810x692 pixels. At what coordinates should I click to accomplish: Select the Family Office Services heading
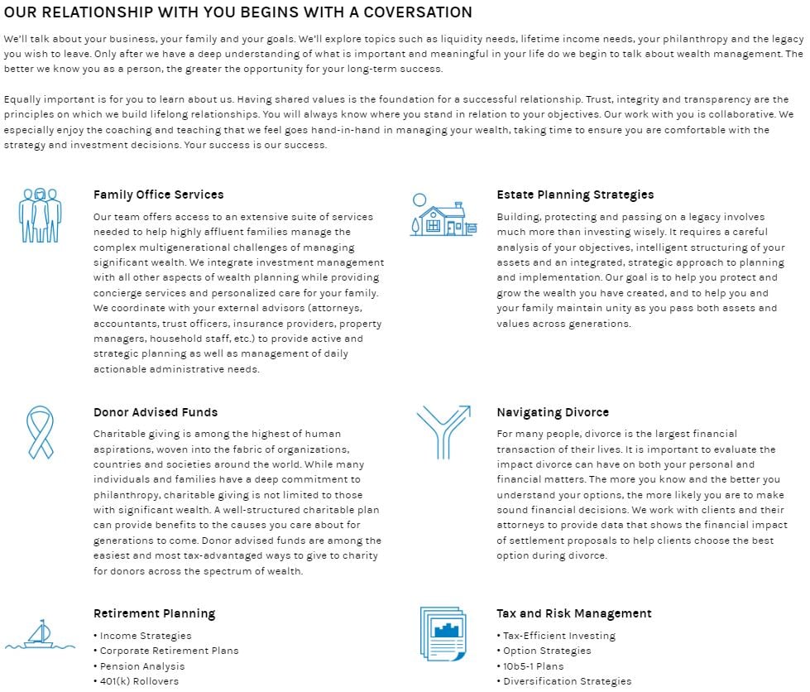click(158, 195)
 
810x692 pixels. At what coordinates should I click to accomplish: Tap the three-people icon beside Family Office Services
click(40, 215)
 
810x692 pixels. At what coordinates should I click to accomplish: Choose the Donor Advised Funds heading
click(156, 412)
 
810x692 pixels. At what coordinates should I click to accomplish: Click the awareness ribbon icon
click(40, 431)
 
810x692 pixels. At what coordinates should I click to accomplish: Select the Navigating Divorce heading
click(553, 412)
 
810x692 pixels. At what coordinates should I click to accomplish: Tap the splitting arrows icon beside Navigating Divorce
click(443, 431)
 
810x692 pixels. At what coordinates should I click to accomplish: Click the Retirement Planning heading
click(154, 613)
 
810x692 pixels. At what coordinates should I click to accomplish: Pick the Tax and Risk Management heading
click(573, 613)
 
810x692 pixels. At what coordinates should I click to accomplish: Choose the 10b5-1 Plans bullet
click(533, 666)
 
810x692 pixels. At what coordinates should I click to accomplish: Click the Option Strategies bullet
click(547, 651)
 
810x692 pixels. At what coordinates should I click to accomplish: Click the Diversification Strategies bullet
click(567, 681)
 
